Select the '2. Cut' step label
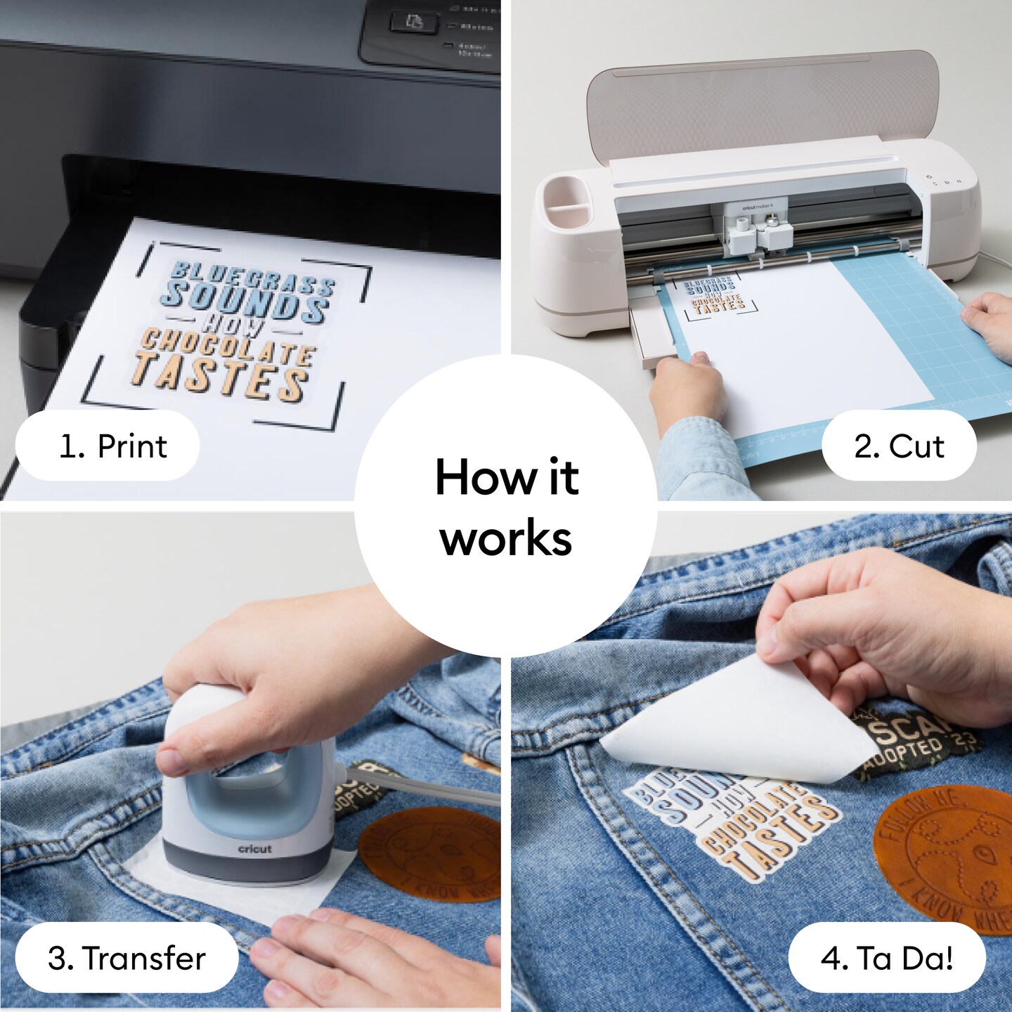pos(899,446)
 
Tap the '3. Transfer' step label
pos(126,958)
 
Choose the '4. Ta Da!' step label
pos(887,958)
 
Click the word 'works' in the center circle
pos(506,538)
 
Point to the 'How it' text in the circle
pos(506,477)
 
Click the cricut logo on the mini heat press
pos(254,849)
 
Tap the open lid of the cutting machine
pos(763,105)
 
